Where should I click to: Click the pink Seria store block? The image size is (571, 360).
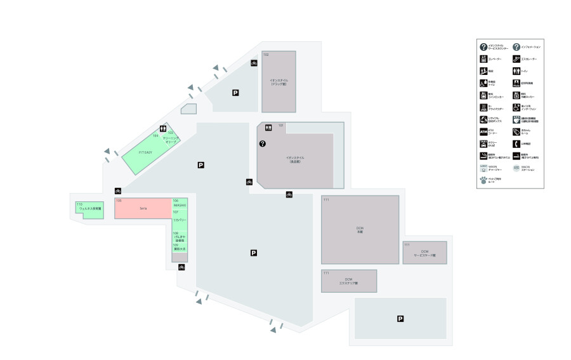143,209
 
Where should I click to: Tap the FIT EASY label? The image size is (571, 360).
145,152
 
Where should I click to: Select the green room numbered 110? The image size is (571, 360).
89,209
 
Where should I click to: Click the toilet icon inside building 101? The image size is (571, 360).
269,128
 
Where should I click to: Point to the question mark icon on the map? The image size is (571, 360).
262,144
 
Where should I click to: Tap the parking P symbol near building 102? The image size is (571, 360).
235,93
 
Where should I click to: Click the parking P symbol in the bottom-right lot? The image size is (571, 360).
400,319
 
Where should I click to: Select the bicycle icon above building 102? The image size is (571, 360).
254,63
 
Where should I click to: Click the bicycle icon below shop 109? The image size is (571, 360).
181,267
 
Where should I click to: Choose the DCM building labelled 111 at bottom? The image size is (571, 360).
348,281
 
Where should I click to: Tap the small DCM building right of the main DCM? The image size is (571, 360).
424,252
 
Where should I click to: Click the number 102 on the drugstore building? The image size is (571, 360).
266,55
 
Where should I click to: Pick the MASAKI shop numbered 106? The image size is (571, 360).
180,204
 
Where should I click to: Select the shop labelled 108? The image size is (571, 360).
180,237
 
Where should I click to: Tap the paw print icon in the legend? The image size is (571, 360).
483,180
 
